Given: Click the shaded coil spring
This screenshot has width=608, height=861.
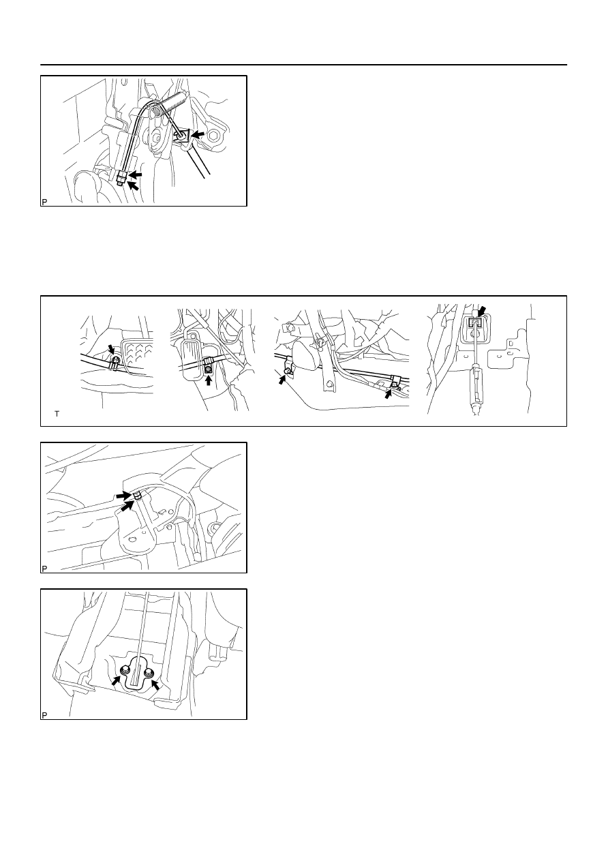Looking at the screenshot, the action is pyautogui.click(x=168, y=104).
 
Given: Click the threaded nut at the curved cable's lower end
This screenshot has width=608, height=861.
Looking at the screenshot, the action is pyautogui.click(x=122, y=179).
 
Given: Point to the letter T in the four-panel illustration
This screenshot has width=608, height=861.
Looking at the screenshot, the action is pyautogui.click(x=57, y=414).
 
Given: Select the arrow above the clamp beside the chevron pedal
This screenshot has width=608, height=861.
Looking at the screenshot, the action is pyautogui.click(x=111, y=349).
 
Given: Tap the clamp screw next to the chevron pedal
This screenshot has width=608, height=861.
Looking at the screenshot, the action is pyautogui.click(x=115, y=359).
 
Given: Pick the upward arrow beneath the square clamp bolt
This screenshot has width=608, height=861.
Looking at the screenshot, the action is pyautogui.click(x=209, y=380).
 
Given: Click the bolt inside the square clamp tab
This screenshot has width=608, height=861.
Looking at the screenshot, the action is pyautogui.click(x=208, y=369).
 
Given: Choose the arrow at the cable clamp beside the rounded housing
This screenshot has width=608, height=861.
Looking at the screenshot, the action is pyautogui.click(x=282, y=380).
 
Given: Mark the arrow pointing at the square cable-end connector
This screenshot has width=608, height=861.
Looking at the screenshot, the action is pyautogui.click(x=482, y=312).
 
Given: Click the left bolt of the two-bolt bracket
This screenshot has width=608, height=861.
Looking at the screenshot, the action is pyautogui.click(x=125, y=670).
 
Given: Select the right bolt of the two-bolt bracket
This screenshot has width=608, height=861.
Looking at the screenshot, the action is pyautogui.click(x=149, y=672).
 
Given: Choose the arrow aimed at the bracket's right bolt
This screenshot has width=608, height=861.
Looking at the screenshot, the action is pyautogui.click(x=155, y=684).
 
